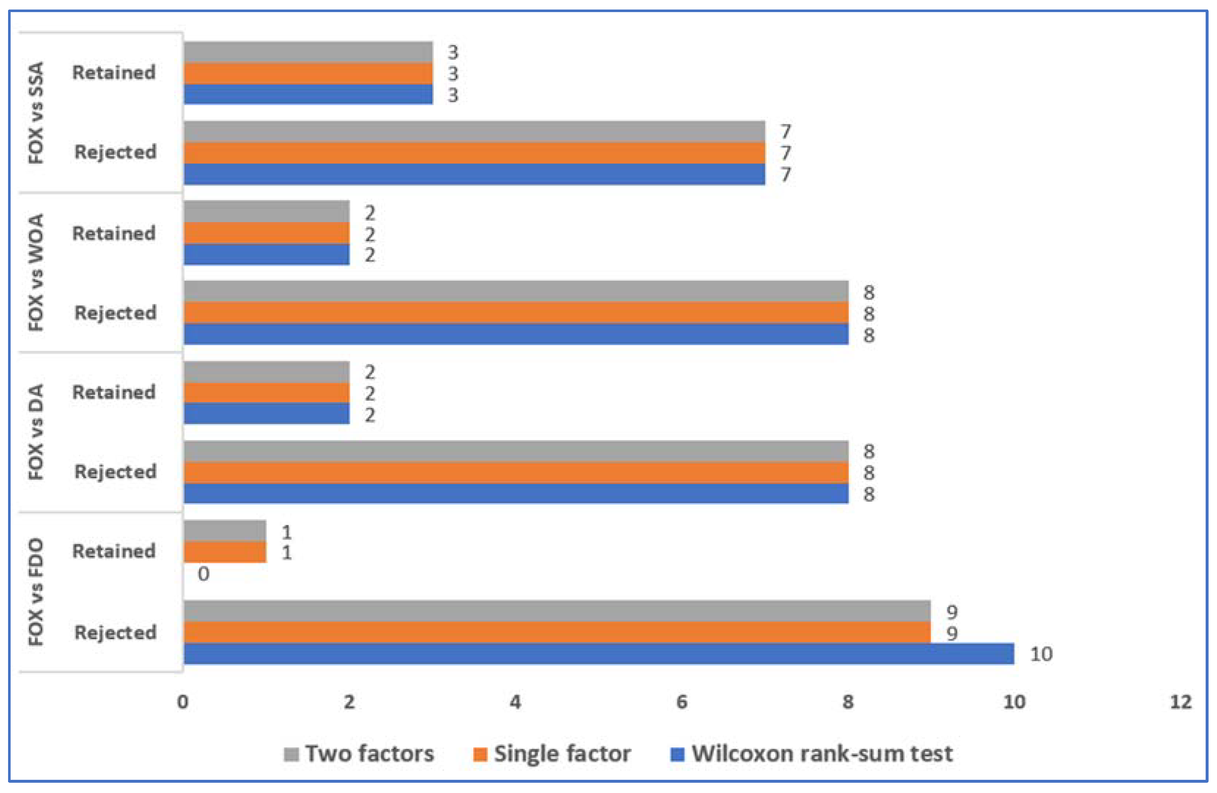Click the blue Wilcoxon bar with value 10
(598, 654)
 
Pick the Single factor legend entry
(553, 754)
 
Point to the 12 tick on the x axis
(1181, 702)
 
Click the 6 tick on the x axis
(681, 702)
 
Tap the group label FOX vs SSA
(36, 113)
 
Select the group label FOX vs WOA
(36, 273)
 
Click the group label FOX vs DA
(36, 432)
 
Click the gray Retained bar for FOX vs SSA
(308, 52)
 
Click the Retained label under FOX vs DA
(114, 392)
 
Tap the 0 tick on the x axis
(183, 702)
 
